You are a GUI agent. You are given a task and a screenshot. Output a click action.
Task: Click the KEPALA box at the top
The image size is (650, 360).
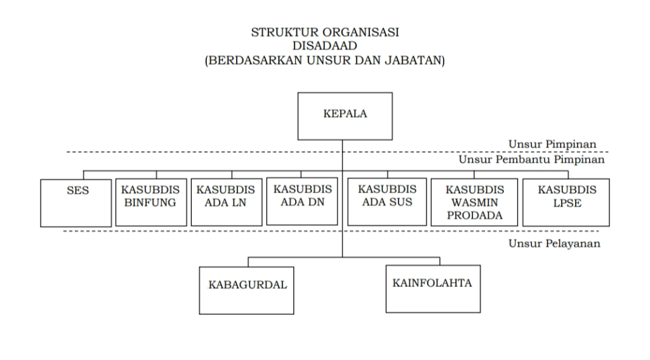tap(345, 116)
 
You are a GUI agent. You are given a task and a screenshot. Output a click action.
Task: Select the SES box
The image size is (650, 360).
tap(76, 203)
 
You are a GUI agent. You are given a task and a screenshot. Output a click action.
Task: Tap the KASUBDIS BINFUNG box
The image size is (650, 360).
tap(151, 203)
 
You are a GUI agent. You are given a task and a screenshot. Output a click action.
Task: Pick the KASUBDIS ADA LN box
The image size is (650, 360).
tap(226, 203)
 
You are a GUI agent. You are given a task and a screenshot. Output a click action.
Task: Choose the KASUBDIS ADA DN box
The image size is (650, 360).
tap(302, 202)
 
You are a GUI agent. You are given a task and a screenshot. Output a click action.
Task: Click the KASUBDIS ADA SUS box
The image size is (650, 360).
tap(387, 202)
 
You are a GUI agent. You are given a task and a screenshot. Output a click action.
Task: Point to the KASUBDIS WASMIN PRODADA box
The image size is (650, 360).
tap(474, 203)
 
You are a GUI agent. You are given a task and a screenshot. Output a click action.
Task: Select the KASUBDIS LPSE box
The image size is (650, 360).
tap(566, 203)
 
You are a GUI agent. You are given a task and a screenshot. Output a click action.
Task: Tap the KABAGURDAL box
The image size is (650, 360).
tap(248, 290)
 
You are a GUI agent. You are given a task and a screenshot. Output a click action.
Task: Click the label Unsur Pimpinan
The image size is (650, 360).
tap(553, 144)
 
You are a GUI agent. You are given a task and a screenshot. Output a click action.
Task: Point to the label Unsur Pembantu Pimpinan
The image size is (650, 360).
tap(532, 160)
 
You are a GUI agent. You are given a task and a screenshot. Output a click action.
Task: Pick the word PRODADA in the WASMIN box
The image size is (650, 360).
tap(474, 215)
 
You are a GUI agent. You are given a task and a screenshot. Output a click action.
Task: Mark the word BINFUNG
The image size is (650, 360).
tap(151, 203)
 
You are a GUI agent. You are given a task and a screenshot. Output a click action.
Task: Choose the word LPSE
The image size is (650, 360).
tap(566, 203)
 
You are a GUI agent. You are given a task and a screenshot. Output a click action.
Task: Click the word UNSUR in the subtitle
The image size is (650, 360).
tap(308, 61)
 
